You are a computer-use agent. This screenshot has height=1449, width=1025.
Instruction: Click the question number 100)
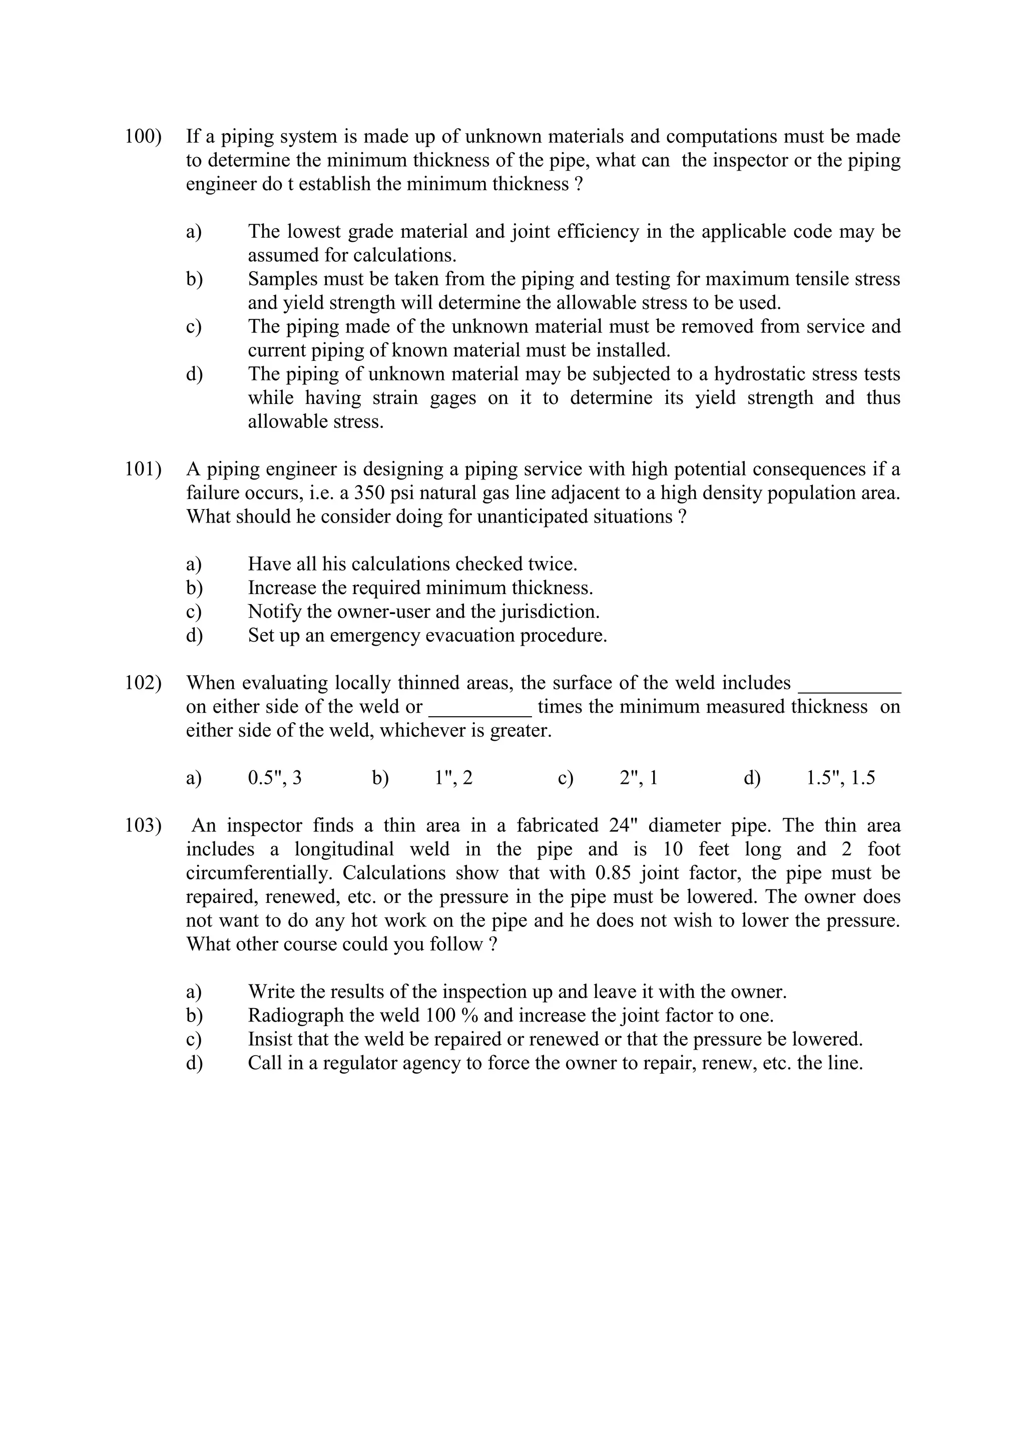click(x=143, y=136)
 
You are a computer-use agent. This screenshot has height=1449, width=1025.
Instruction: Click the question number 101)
click(x=143, y=469)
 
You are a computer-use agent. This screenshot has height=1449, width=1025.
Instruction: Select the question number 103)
click(x=143, y=825)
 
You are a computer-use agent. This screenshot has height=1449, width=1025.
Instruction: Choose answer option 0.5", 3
click(x=275, y=778)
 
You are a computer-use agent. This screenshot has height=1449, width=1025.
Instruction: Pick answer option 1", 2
click(x=454, y=778)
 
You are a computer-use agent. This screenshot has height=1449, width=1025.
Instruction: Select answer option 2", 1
click(x=639, y=778)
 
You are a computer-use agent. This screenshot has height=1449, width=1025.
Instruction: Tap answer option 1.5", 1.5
click(x=841, y=778)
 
